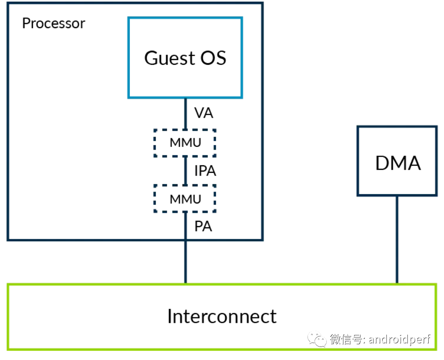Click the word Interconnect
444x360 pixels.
point(222,316)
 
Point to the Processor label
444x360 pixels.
point(53,23)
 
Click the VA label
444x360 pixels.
point(203,113)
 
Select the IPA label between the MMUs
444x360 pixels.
point(205,171)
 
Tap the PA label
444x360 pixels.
point(203,227)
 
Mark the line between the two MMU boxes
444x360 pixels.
point(185,171)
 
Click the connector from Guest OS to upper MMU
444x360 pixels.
point(185,114)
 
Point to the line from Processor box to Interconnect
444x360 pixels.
point(185,262)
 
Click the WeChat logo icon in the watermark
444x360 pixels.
point(317,339)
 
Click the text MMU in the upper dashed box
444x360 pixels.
point(185,143)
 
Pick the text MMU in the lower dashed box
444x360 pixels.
point(185,199)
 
